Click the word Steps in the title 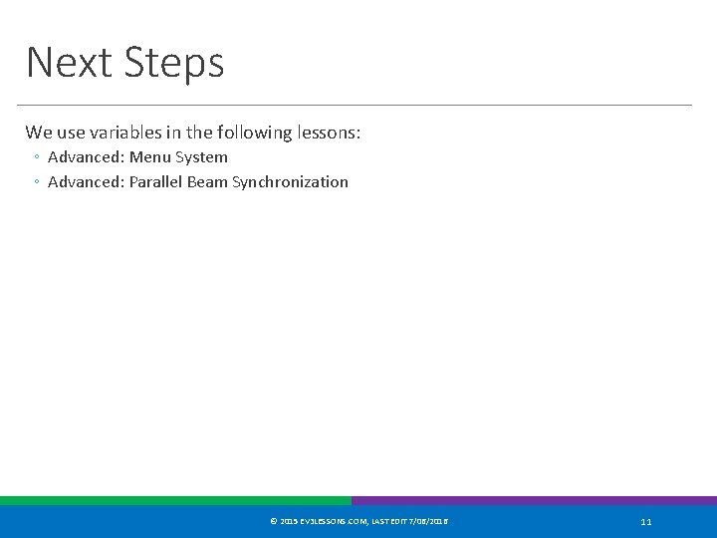coord(174,63)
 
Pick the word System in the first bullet coord(201,157)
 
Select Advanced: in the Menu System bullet coord(86,157)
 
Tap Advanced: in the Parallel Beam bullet coord(86,182)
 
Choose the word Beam coord(207,182)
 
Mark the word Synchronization coord(290,182)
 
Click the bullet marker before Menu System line coord(35,157)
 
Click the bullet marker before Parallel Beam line coord(35,182)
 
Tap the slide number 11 coord(646,522)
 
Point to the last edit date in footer coord(427,522)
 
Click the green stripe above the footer coord(175,501)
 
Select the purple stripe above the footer coord(534,501)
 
